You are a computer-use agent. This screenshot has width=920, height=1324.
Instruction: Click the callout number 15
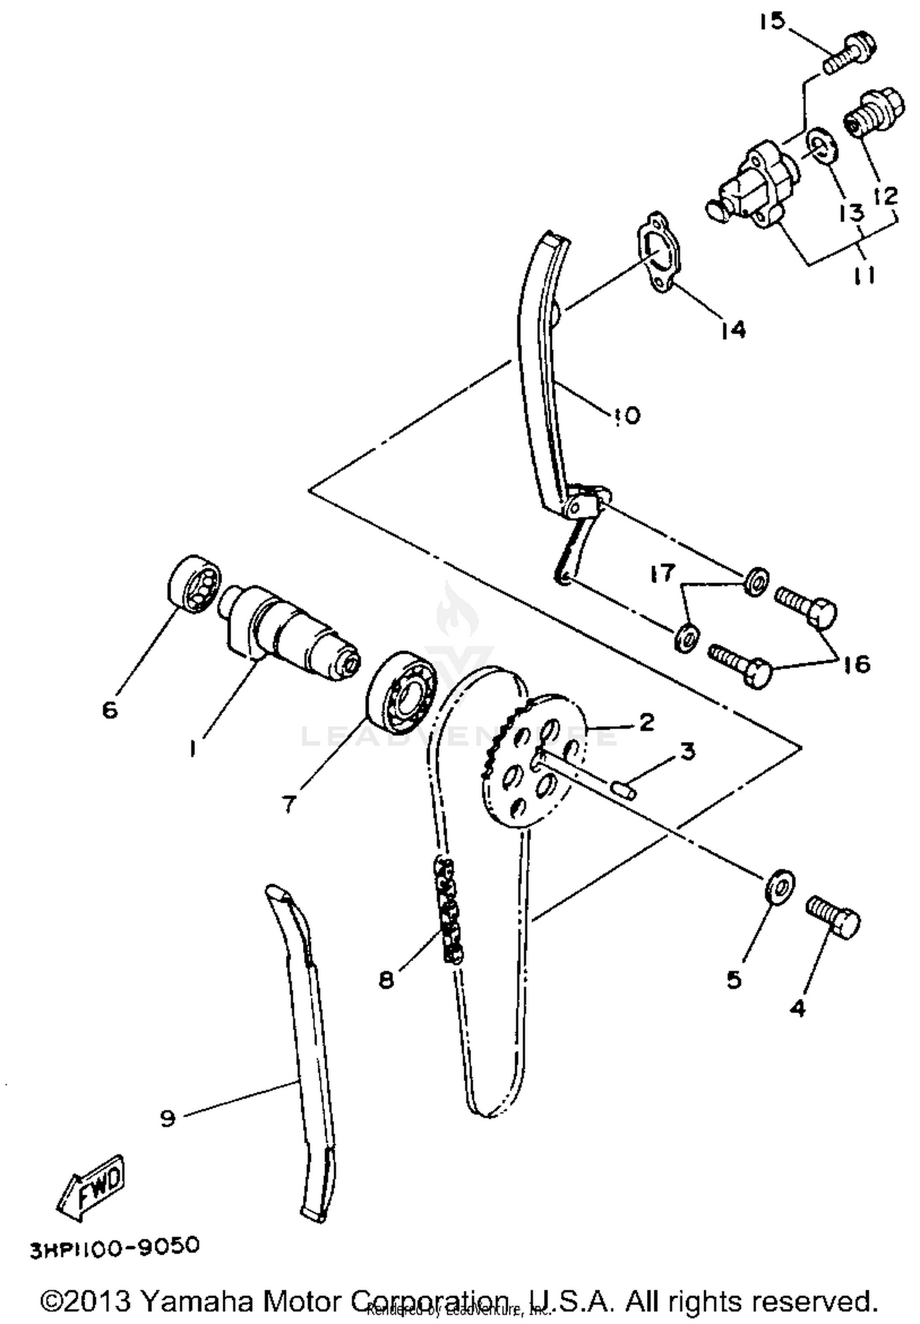pos(772,21)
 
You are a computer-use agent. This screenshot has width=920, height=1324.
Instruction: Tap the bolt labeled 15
pos(850,53)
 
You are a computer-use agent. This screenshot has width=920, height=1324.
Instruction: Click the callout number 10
pos(625,415)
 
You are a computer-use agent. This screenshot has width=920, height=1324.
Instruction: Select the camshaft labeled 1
pos(288,633)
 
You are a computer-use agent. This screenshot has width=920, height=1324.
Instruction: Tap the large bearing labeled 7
pos(401,692)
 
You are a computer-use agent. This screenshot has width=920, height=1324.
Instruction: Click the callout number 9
pos(167,1118)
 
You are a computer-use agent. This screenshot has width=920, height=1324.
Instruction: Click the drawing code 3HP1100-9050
pos(115,1247)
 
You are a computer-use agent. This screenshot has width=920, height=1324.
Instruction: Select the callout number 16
pos(856,664)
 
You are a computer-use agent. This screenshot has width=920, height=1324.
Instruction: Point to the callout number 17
pos(662,573)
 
